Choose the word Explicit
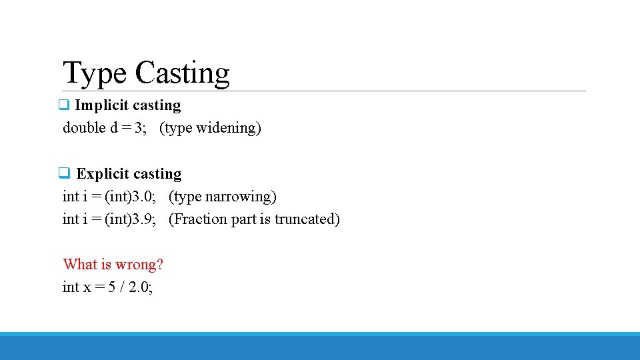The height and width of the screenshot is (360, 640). coord(103,174)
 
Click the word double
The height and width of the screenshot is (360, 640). coord(84,127)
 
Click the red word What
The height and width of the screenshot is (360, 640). coord(80,265)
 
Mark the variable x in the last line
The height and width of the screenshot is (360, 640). coord(87,287)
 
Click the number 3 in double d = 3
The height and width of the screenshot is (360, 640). coord(138,127)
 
